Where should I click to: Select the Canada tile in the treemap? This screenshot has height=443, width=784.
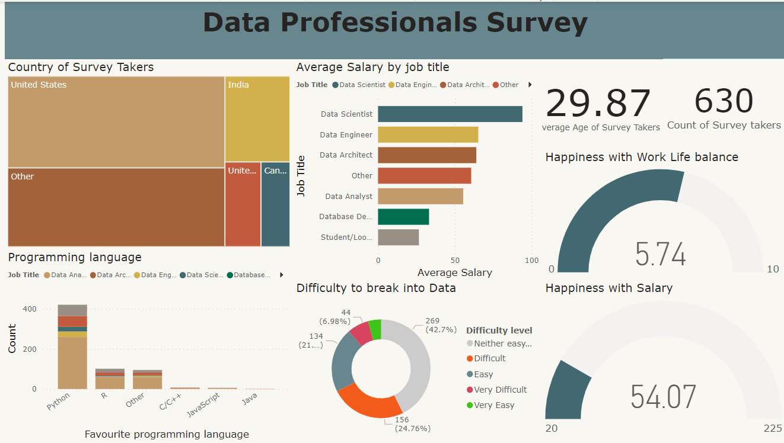click(275, 204)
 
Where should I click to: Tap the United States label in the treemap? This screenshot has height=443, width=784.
click(39, 85)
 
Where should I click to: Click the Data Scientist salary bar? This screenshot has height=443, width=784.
click(450, 114)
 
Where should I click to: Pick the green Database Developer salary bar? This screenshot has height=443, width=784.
click(403, 217)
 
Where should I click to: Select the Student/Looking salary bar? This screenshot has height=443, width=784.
click(398, 237)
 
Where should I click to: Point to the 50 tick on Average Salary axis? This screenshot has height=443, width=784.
click(455, 260)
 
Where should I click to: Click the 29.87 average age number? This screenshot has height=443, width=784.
click(598, 103)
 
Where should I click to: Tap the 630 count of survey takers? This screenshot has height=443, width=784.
click(724, 101)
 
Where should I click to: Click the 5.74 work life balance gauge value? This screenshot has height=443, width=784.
click(660, 255)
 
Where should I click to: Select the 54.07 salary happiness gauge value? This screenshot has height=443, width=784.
click(663, 396)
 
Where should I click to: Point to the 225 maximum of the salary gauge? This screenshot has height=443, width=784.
click(772, 428)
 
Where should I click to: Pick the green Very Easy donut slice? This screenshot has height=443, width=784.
click(375, 329)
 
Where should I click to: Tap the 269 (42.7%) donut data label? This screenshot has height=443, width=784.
click(437, 325)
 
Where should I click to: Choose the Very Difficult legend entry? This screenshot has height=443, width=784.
click(499, 390)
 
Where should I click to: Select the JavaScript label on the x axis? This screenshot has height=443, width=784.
click(204, 405)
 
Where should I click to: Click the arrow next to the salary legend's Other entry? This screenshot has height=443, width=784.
click(530, 85)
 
